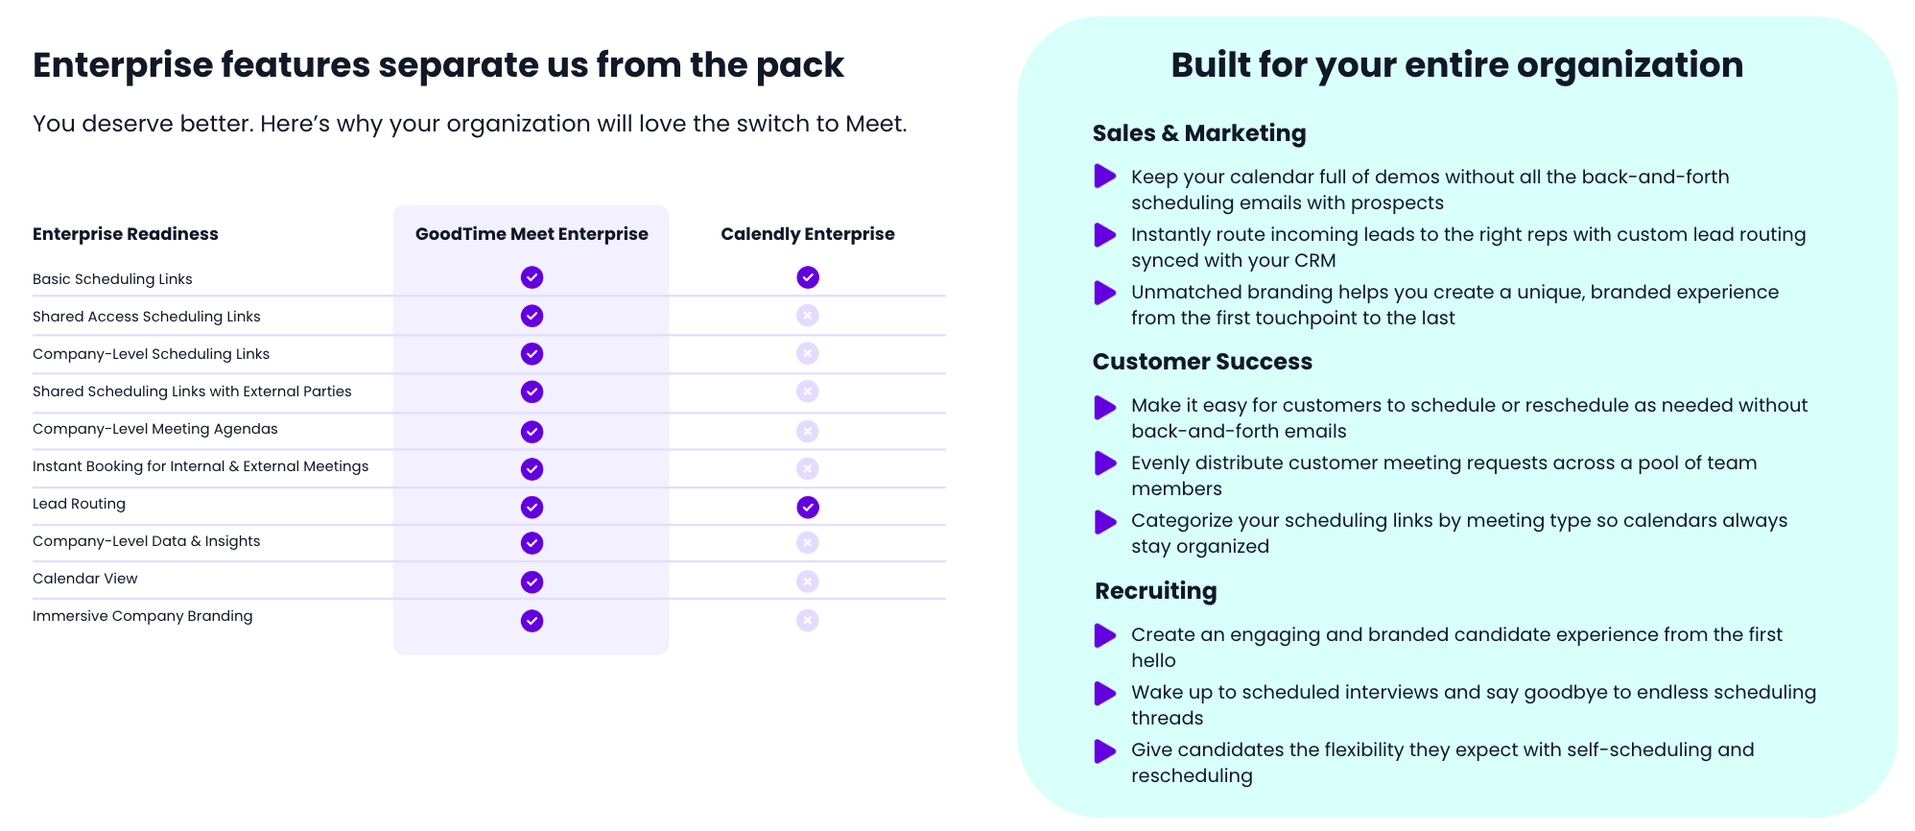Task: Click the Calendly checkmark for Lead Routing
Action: tap(808, 507)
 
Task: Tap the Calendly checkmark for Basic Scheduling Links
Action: tap(808, 277)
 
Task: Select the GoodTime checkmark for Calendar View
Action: tap(532, 582)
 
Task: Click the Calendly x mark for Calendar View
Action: tap(808, 582)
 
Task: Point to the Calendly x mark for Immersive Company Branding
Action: tap(808, 620)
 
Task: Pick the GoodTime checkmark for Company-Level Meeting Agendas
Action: tap(532, 432)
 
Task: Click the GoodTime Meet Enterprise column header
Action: tap(532, 234)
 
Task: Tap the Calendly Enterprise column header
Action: tap(808, 234)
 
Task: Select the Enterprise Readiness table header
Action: tap(126, 234)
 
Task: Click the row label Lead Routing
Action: tap(79, 504)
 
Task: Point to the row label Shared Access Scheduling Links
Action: tap(147, 317)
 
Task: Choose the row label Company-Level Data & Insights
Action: tap(147, 541)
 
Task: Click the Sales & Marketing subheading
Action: tap(1199, 133)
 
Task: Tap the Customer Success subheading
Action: tap(1202, 362)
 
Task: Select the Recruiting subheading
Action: tap(1156, 591)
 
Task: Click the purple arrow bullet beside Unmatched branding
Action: tap(1105, 293)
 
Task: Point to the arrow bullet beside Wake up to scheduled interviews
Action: tap(1105, 693)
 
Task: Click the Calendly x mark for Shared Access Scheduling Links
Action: tap(808, 315)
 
